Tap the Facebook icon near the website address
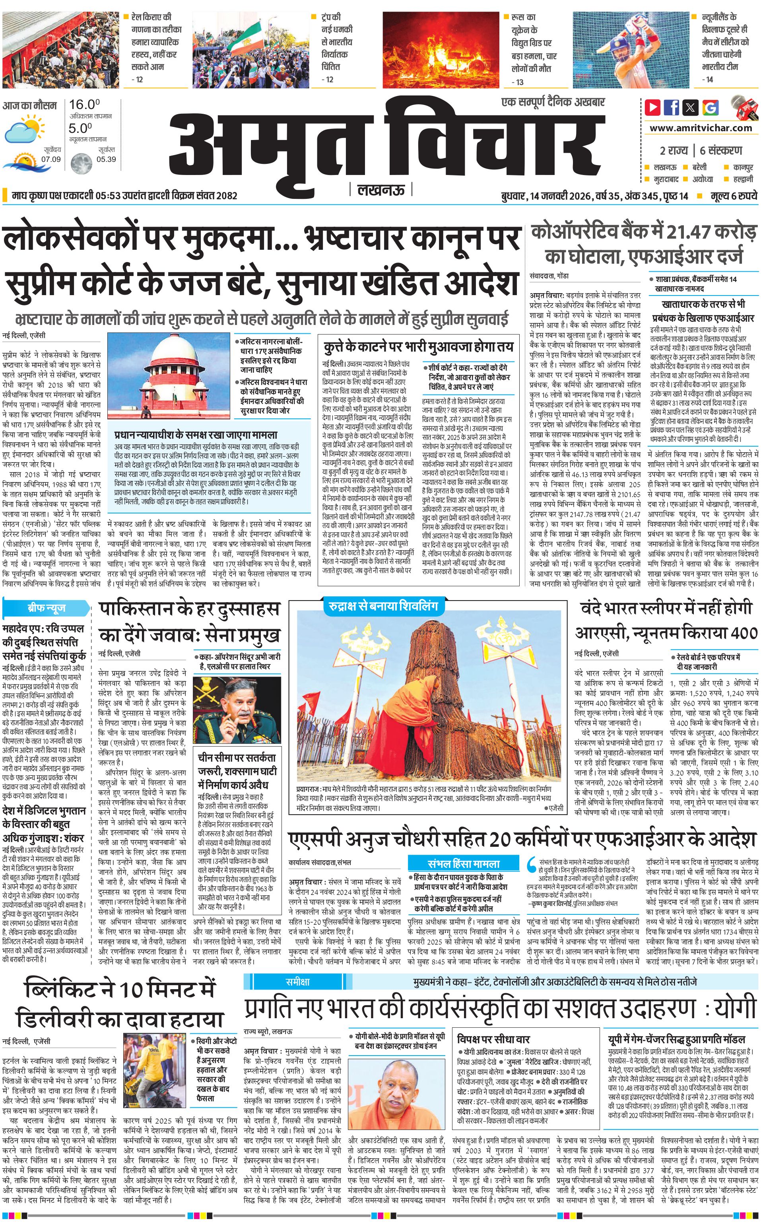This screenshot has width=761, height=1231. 672,107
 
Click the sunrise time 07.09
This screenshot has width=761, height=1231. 51,159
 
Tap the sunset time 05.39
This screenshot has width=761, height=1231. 106,159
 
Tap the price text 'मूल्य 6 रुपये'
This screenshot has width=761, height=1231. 731,196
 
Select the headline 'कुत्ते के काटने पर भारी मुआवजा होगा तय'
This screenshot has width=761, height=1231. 418,347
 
